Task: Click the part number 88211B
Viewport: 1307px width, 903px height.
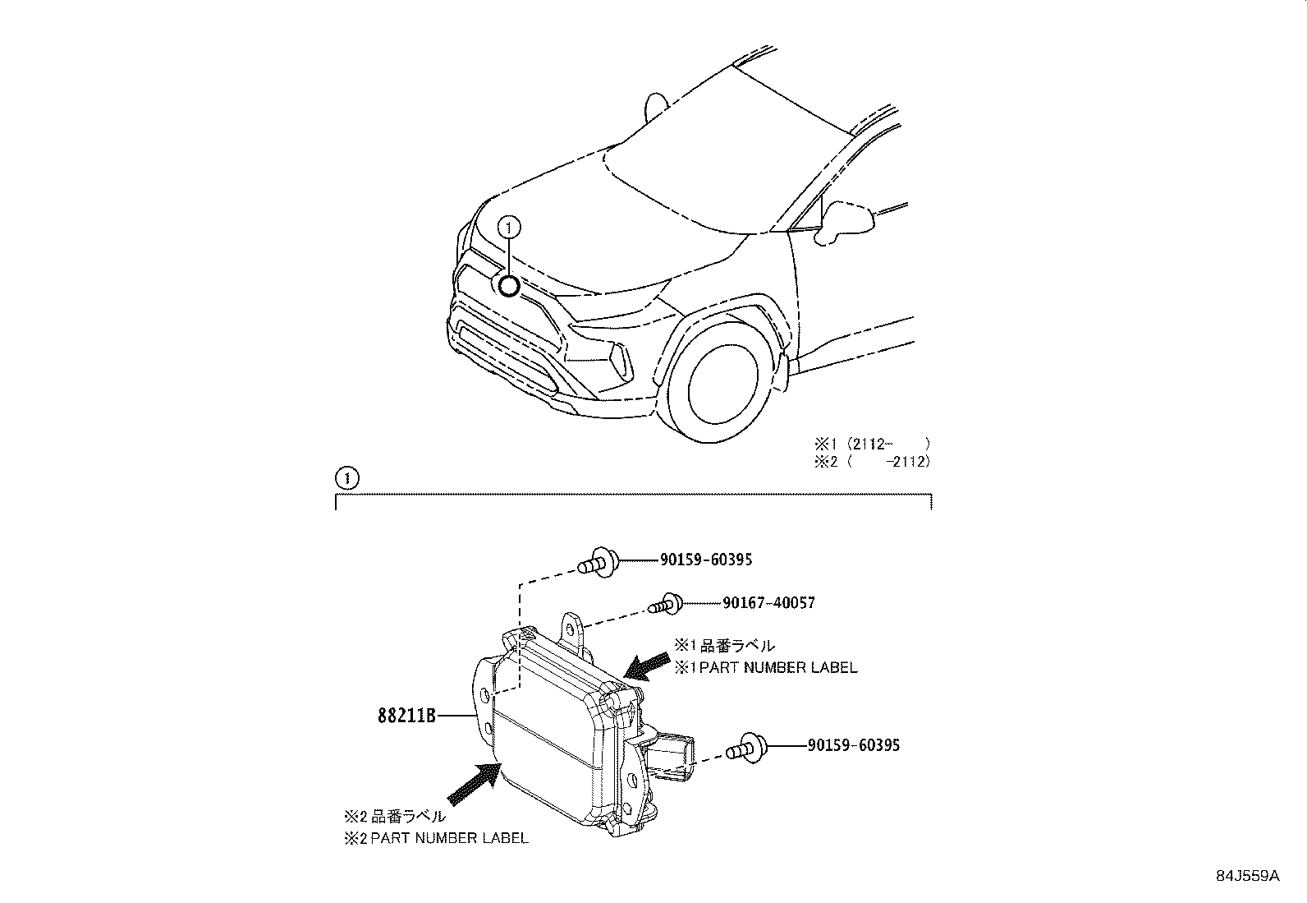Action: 406,716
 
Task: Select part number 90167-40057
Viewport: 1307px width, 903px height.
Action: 768,603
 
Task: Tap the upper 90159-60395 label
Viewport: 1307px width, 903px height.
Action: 705,560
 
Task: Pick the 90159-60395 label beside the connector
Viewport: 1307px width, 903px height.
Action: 853,745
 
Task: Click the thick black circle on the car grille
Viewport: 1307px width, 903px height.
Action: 509,286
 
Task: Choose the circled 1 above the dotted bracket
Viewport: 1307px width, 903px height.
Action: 346,477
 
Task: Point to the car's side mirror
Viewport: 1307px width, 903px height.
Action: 846,222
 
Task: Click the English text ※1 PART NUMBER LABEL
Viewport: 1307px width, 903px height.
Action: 765,668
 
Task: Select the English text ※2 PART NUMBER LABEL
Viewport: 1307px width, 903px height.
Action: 436,838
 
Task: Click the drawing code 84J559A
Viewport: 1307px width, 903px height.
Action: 1247,876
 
